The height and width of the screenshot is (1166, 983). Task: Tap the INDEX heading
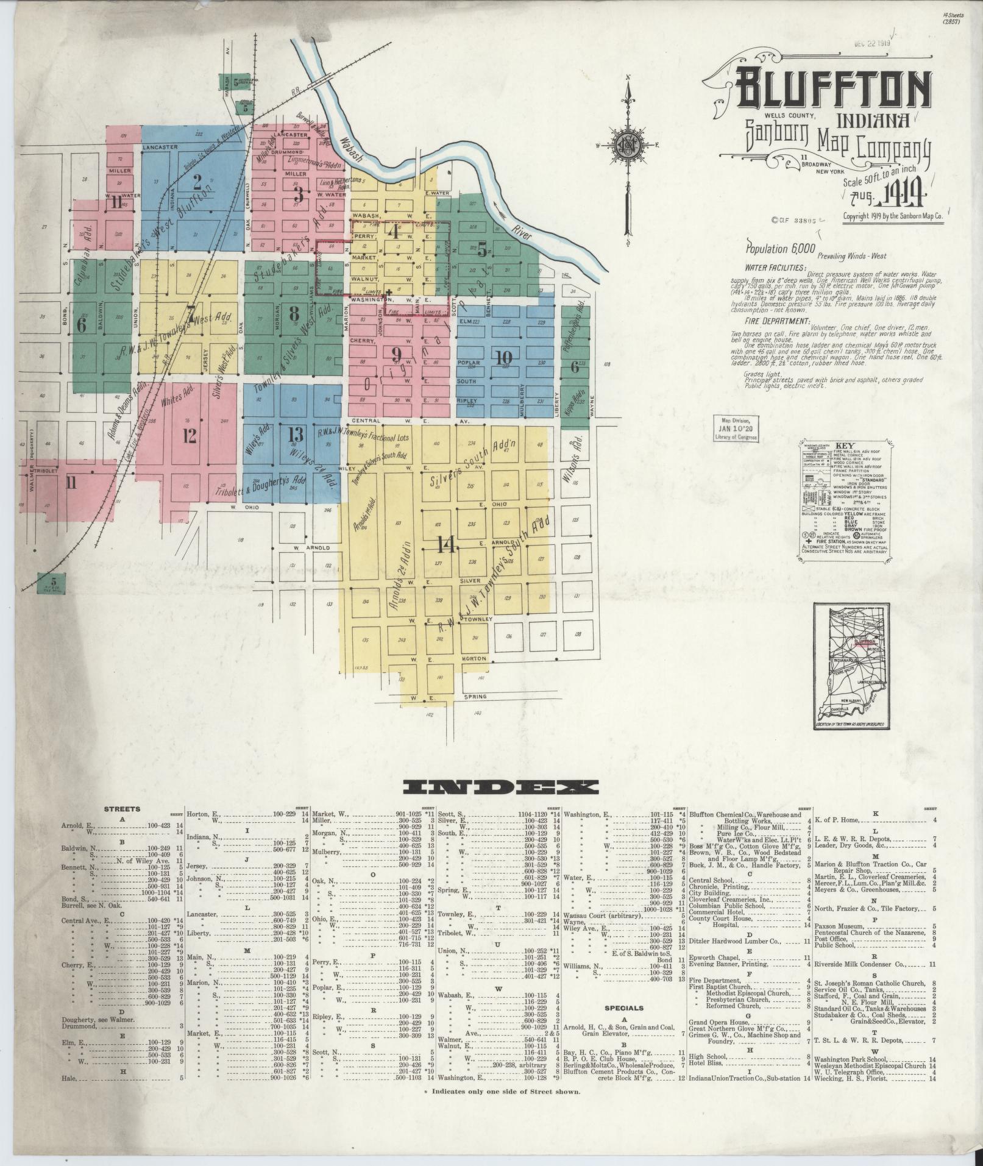click(496, 787)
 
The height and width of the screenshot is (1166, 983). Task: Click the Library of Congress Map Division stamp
click(737, 428)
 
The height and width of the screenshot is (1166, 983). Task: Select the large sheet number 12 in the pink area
click(190, 435)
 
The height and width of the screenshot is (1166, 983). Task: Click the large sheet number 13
click(296, 435)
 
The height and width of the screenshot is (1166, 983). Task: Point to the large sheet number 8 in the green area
click(294, 314)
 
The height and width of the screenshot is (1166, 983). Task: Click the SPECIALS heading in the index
click(624, 1008)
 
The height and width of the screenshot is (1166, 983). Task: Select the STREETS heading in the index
click(122, 809)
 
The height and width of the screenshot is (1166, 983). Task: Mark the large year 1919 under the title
click(905, 198)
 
